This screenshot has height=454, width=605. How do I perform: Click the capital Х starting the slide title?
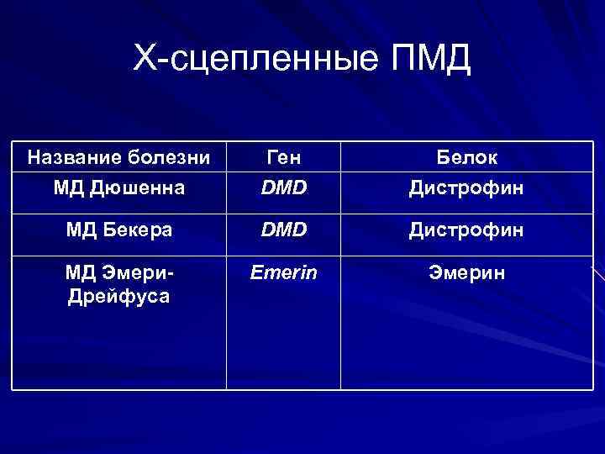coord(144,59)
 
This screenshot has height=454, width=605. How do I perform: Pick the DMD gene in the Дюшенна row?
coord(283,187)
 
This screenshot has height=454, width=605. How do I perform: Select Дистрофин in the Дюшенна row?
coord(466,187)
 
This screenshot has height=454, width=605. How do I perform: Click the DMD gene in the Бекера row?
coord(283,229)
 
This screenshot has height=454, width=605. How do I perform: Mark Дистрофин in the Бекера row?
coord(466,229)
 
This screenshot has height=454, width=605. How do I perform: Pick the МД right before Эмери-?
coord(83,272)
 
